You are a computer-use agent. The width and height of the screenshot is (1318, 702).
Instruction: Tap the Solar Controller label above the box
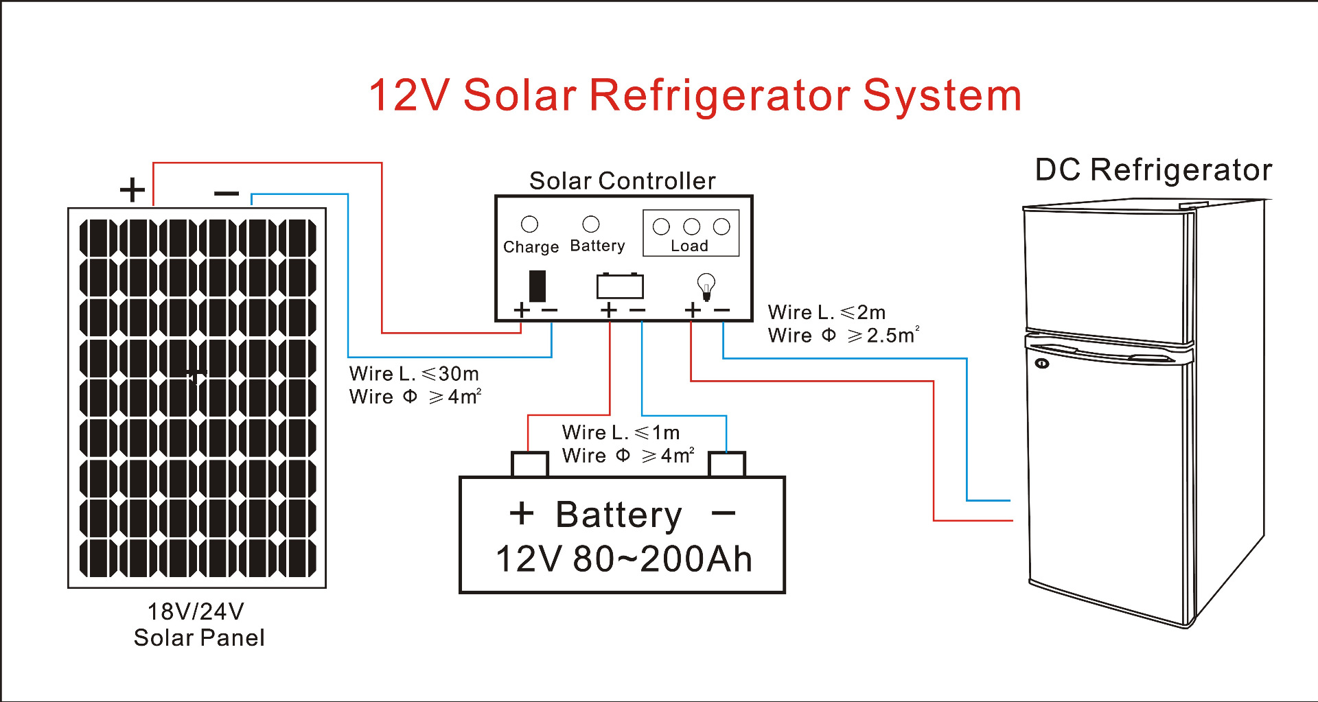tap(622, 180)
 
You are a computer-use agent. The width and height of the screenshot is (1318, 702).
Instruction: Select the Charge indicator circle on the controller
tap(529, 224)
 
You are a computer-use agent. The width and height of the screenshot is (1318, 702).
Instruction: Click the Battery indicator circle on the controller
tap(590, 224)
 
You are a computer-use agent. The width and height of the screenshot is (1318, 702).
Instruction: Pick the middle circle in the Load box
tap(691, 226)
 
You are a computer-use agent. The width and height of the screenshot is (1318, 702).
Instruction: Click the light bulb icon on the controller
tap(706, 285)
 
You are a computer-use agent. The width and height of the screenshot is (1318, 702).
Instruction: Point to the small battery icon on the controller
tap(620, 285)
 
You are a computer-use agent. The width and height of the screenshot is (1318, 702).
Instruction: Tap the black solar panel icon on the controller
tap(537, 285)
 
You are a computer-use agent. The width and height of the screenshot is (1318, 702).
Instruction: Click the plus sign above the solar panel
tap(132, 190)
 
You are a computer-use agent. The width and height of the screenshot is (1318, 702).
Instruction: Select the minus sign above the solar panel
tap(227, 194)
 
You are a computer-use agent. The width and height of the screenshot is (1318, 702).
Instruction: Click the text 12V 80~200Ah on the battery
tap(623, 559)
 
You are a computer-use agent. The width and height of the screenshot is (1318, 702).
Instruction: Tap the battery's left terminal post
tap(530, 464)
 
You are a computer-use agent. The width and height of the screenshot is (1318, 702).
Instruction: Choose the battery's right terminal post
tap(726, 464)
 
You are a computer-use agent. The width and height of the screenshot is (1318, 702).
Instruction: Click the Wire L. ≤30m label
tap(414, 374)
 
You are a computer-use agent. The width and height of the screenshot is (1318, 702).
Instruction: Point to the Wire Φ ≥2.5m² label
tap(843, 336)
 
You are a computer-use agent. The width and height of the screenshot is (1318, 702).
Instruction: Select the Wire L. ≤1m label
tap(621, 432)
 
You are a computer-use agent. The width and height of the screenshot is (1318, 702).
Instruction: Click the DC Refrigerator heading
tap(1153, 169)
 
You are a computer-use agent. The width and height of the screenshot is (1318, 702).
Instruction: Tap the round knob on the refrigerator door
tap(1042, 363)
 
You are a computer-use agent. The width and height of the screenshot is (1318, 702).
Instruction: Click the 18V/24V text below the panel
tap(196, 611)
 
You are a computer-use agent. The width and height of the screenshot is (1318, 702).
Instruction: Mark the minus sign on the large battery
tap(724, 513)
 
